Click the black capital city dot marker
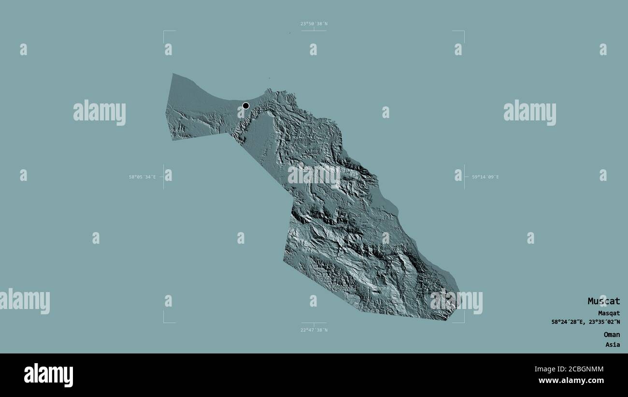pos(246,105)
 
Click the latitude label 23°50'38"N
pos(314,24)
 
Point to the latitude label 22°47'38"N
pos(314,330)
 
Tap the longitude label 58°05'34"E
pos(142,177)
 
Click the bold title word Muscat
pos(603,301)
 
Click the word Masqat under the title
pos(609,313)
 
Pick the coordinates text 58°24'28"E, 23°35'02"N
pos(586,322)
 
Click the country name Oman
pos(611,335)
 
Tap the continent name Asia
pos(613,345)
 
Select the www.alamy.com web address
pos(571,381)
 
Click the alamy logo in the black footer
pos(48,375)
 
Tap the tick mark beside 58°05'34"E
pos(164,177)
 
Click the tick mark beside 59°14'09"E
pos(464,177)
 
